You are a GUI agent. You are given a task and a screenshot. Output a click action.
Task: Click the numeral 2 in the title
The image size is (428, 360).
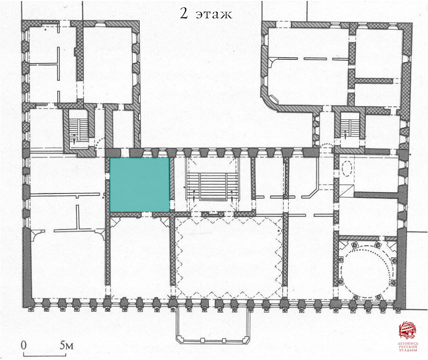click(x=184, y=13)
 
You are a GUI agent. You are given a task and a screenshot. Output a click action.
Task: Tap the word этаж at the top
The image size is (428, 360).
click(x=214, y=15)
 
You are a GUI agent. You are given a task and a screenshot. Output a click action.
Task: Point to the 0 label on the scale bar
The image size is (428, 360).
click(x=24, y=345)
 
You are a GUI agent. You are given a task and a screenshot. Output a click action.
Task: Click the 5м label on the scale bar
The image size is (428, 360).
click(x=67, y=345)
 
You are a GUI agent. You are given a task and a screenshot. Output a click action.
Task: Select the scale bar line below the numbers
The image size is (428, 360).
click(x=45, y=355)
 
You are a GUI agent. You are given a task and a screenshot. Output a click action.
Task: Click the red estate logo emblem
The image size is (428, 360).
click(x=408, y=330)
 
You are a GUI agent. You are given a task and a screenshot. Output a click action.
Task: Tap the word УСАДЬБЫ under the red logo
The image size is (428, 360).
click(x=408, y=350)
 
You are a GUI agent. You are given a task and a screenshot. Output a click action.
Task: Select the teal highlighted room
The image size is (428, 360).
click(x=140, y=184)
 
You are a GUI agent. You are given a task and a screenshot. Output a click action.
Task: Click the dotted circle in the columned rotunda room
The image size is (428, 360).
click(x=366, y=272)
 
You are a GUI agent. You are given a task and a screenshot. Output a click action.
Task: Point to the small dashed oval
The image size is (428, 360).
click(x=347, y=168)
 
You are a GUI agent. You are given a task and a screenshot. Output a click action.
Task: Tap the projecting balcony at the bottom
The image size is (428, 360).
click(x=213, y=326)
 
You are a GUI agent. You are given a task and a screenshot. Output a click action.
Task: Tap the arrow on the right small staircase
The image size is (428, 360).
click(x=345, y=134)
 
